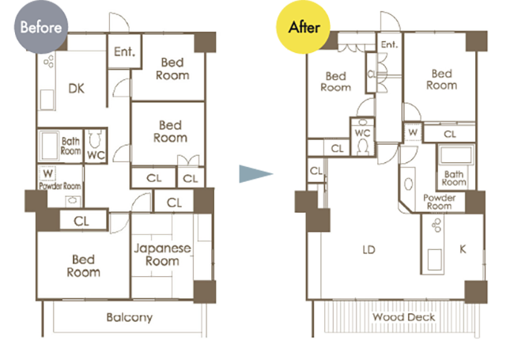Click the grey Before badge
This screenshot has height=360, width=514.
tap(41, 27)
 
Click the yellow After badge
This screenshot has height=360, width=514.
tap(303, 27)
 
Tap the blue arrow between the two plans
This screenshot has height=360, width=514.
tap(255, 174)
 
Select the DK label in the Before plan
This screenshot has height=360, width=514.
tap(77, 89)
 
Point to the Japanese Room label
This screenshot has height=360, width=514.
tap(162, 255)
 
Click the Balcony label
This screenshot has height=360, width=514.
tap(130, 317)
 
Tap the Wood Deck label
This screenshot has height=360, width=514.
tap(403, 317)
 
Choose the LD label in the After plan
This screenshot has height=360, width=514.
tap(368, 250)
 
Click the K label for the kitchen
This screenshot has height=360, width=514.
tap(463, 249)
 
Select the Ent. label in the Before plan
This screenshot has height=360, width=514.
tap(125, 51)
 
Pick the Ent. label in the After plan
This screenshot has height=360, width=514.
tap(389, 44)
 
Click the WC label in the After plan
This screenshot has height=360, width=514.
tap(362, 133)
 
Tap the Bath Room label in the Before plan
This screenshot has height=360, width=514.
tap(70, 146)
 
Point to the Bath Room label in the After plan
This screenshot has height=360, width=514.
tap(454, 178)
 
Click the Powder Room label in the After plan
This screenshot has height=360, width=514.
tap(439, 202)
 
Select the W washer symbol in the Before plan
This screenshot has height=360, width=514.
tap(48, 173)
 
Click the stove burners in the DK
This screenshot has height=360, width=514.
tap(49, 61)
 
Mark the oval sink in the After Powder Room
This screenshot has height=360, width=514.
tap(408, 184)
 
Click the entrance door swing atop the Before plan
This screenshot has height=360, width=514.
tap(119, 22)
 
